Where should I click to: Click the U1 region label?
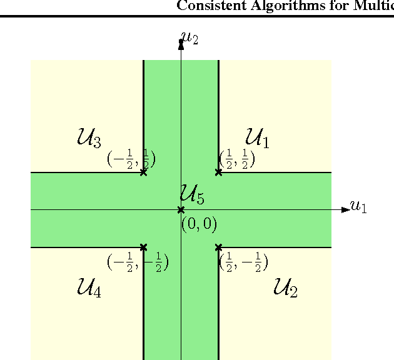click(257, 137)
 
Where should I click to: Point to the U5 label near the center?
click(192, 194)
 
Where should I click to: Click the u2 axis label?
click(189, 39)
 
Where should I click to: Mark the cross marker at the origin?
click(181, 209)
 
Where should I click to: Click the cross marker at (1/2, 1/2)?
click(218, 172)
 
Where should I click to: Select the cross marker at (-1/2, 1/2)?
click(143, 172)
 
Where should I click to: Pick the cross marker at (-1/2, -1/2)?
click(143, 247)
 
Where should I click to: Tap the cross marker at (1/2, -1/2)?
click(218, 247)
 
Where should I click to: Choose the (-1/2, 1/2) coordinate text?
click(131, 159)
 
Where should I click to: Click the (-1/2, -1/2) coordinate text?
click(138, 263)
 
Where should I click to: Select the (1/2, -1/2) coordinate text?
click(244, 263)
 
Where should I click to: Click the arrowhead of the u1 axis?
click(345, 209)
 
